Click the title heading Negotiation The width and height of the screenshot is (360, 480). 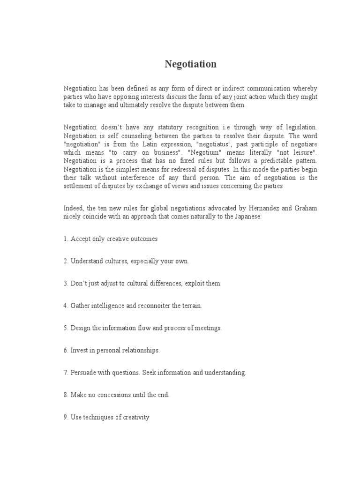click(190, 64)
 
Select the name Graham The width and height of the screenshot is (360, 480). click(305, 208)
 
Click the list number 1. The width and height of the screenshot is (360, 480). click(66, 239)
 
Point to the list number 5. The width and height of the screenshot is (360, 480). click(66, 328)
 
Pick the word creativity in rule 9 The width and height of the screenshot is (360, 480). click(134, 417)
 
